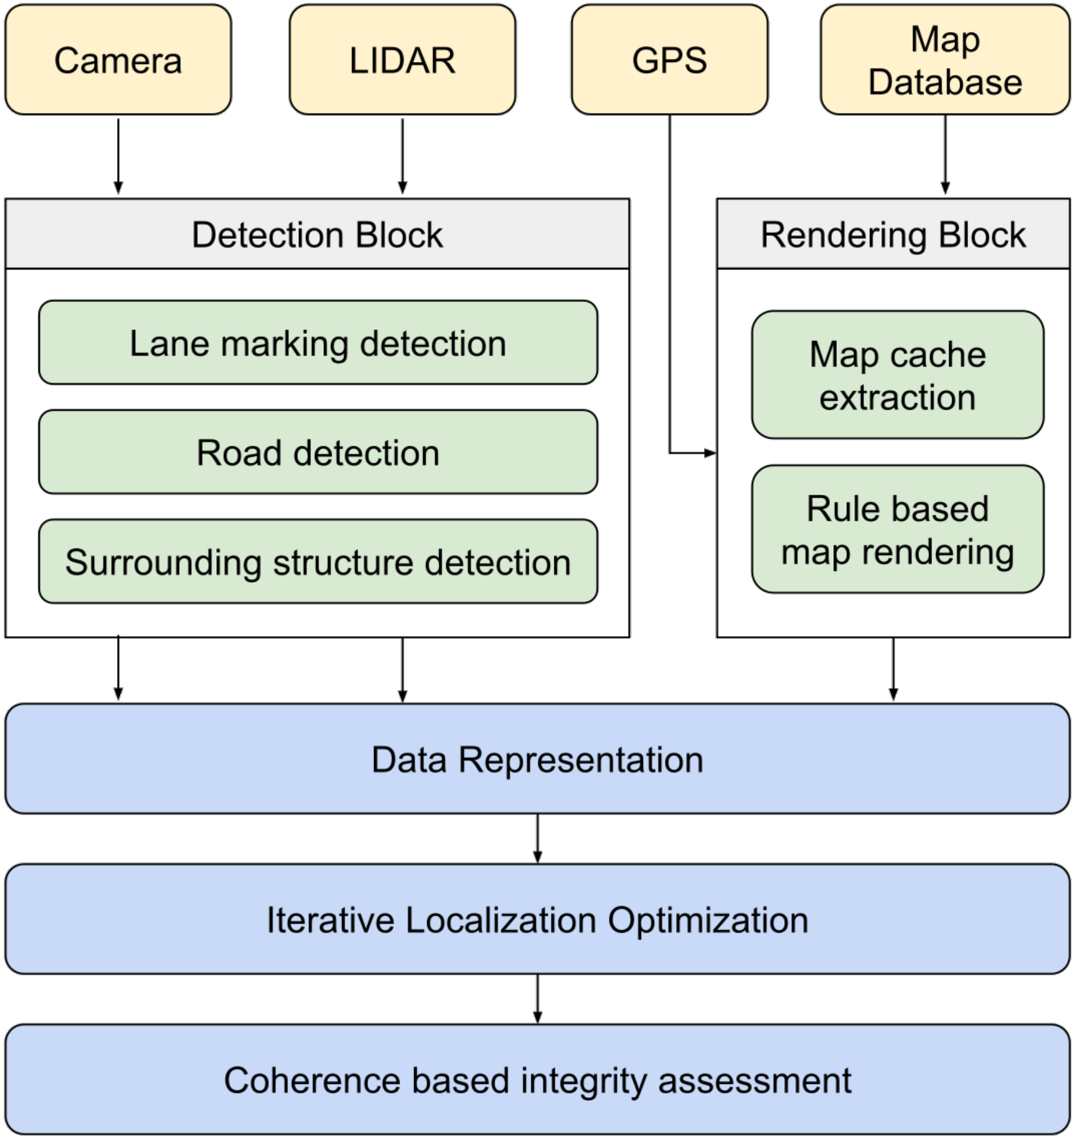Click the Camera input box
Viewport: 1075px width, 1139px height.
(118, 60)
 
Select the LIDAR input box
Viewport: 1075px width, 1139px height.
(402, 60)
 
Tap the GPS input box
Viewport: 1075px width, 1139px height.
(670, 60)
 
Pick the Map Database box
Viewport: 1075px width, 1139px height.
(945, 60)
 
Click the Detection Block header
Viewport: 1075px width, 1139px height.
(317, 234)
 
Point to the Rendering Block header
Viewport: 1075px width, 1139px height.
(893, 234)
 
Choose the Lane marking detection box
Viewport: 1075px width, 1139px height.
(318, 343)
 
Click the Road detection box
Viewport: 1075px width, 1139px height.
(318, 452)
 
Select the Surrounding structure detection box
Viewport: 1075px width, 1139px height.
(318, 562)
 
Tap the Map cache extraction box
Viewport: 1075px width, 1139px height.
(898, 375)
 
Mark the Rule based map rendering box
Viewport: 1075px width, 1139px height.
(898, 529)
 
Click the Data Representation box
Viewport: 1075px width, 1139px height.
(537, 758)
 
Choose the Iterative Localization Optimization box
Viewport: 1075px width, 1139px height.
(537, 919)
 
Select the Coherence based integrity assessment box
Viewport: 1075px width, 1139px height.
(537, 1080)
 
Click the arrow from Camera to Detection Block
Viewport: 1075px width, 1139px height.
(118, 157)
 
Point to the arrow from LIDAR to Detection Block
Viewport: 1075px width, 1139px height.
(402, 157)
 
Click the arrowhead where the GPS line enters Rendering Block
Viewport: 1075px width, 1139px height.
(710, 453)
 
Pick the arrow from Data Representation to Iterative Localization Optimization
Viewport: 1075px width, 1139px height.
(537, 839)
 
